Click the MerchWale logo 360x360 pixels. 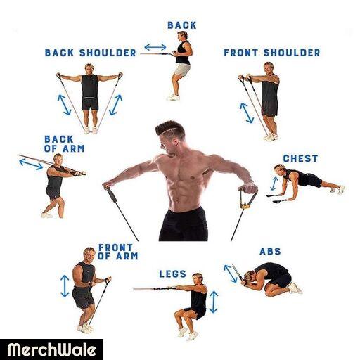[x=51, y=350]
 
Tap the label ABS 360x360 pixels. [x=270, y=252]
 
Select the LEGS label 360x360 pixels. [x=173, y=274]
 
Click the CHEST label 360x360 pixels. [x=300, y=158]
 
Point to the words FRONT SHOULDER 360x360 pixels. [x=272, y=53]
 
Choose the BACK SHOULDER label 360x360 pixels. [x=91, y=53]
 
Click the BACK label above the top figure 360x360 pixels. [x=182, y=25]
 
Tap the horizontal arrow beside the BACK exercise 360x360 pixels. [x=155, y=47]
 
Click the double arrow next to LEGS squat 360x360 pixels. [x=213, y=302]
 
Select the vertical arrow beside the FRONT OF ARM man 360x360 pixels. [x=65, y=285]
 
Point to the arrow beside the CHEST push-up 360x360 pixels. [x=274, y=184]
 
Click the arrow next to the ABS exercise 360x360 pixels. [x=230, y=274]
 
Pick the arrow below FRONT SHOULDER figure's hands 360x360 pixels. [x=247, y=113]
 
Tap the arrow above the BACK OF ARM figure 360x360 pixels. [x=31, y=164]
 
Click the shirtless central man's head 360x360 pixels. [x=169, y=136]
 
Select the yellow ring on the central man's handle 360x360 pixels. [x=245, y=206]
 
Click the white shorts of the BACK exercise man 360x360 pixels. [x=182, y=70]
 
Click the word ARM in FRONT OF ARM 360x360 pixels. [x=127, y=256]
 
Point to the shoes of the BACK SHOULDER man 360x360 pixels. [x=91, y=130]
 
